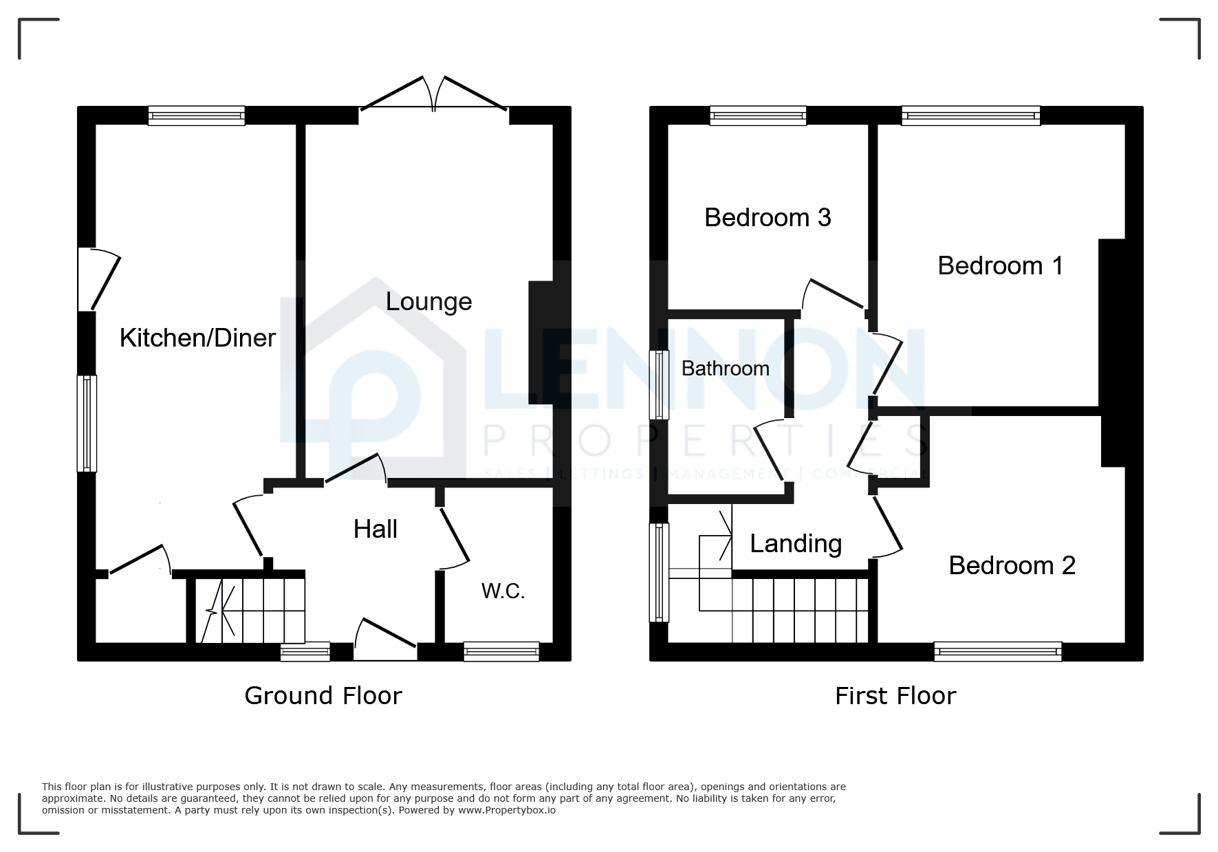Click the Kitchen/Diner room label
tap(197, 338)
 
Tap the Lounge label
tap(428, 301)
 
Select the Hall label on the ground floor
tap(376, 529)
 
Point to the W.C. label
tap(503, 591)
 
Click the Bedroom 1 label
tap(1000, 265)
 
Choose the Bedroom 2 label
tap(1012, 565)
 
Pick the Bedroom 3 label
tap(768, 217)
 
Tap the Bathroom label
tap(726, 369)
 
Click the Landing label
tap(796, 543)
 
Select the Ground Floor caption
tap(323, 696)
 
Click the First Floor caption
tap(895, 696)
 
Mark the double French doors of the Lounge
tap(434, 94)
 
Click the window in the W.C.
tap(501, 651)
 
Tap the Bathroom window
tap(659, 384)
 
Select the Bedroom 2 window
tap(998, 651)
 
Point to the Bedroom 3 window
tap(758, 116)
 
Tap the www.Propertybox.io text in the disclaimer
tap(507, 810)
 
